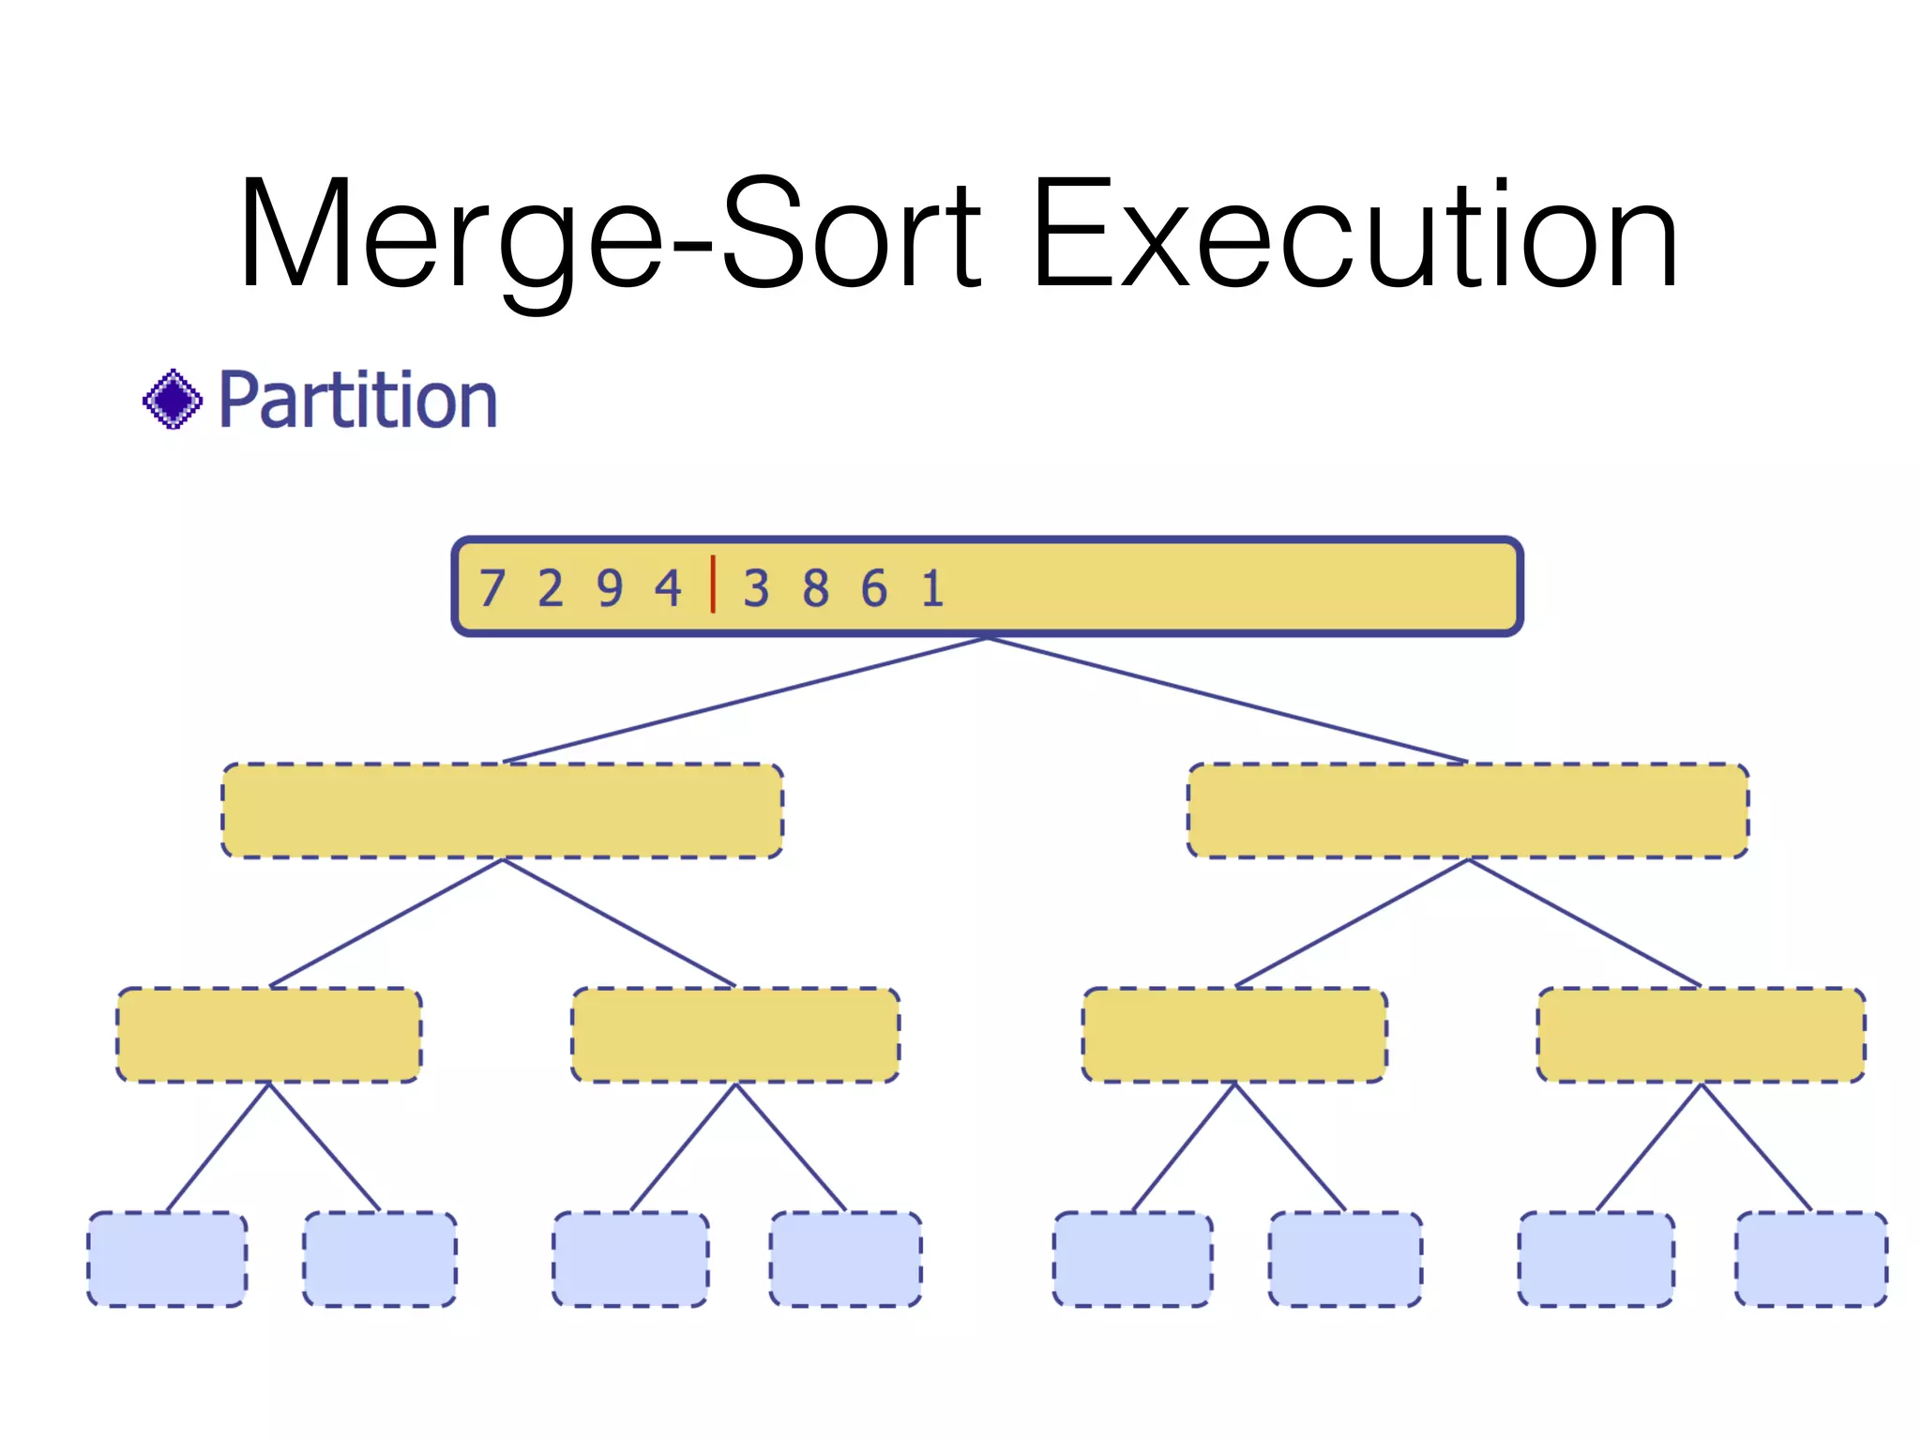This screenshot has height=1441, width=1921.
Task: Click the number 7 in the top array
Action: pyautogui.click(x=492, y=589)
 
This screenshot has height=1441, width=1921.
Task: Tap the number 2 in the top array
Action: pyautogui.click(x=551, y=589)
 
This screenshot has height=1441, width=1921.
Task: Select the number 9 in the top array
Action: pyautogui.click(x=610, y=589)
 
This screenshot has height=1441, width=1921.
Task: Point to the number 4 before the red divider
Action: pyautogui.click(x=668, y=589)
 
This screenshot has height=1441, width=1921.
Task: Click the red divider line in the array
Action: pyautogui.click(x=713, y=584)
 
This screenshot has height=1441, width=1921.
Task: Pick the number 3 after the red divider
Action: pyautogui.click(x=756, y=589)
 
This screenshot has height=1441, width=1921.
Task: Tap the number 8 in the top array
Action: pyautogui.click(x=815, y=589)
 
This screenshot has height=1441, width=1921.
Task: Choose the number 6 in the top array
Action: pyautogui.click(x=874, y=589)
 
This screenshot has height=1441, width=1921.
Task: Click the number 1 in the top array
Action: pyautogui.click(x=932, y=589)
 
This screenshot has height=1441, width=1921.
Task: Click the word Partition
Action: pyautogui.click(x=357, y=402)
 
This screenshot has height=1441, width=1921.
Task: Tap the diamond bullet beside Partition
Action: pyautogui.click(x=173, y=400)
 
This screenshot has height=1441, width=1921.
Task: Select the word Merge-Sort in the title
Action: pyautogui.click(x=610, y=235)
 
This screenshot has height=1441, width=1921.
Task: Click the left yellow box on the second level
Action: pyautogui.click(x=503, y=811)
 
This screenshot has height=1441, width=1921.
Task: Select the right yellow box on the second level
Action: pyautogui.click(x=1468, y=811)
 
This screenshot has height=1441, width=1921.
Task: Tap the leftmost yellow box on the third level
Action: pyautogui.click(x=269, y=1035)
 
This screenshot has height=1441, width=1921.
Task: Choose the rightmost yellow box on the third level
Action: pyautogui.click(x=1702, y=1035)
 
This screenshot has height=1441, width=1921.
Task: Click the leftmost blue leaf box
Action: pyautogui.click(x=168, y=1259)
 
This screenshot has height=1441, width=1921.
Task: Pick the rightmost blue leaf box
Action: pyautogui.click(x=1811, y=1259)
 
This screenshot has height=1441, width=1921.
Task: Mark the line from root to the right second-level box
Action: pyautogui.click(x=1229, y=700)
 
